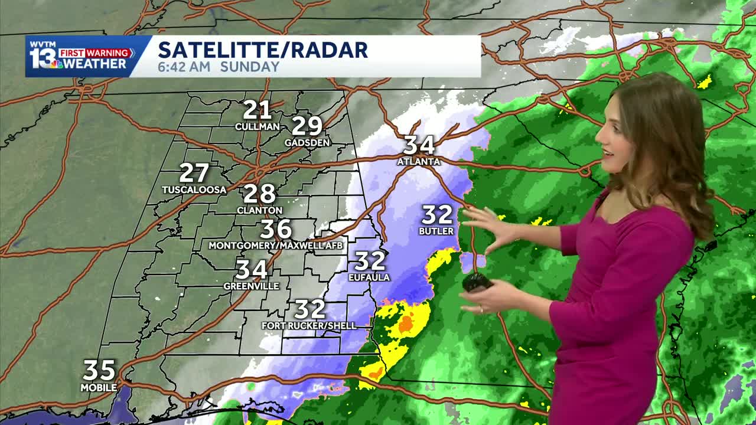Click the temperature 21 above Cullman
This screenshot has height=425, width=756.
(257, 110)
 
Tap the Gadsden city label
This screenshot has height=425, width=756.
(307, 143)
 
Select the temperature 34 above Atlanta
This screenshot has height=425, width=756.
(419, 145)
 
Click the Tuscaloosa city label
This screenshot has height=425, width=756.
(194, 190)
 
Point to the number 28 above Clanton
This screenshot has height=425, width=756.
(259, 194)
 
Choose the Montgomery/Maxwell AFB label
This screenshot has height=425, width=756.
(275, 245)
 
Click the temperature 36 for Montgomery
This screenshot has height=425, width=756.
(276, 229)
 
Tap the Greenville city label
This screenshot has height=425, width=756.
(251, 286)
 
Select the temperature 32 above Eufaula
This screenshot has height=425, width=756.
(370, 260)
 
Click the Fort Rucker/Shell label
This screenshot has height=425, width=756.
(309, 326)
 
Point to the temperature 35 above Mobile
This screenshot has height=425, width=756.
(99, 371)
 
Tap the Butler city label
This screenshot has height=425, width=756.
(436, 231)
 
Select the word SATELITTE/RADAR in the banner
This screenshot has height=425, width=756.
(263, 50)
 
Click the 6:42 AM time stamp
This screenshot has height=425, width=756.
(184, 67)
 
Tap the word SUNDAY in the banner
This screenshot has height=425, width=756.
(249, 67)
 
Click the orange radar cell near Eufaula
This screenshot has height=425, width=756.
(405, 323)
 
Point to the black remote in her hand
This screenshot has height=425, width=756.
(477, 282)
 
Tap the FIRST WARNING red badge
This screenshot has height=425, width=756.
(96, 53)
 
